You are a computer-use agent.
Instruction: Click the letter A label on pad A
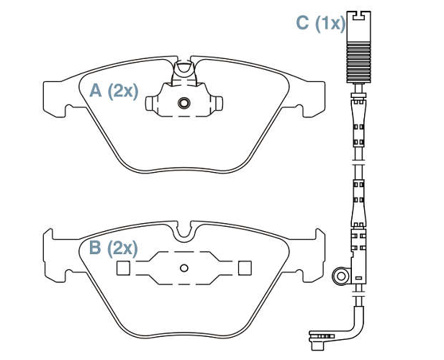[x=96, y=91]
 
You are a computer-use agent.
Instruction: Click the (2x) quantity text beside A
[x=123, y=91]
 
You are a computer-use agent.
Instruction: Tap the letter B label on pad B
[x=95, y=248]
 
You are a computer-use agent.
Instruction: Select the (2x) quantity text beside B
[x=123, y=248]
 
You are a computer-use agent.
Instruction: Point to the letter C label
[x=302, y=22]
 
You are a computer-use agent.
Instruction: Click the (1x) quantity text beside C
[x=330, y=23]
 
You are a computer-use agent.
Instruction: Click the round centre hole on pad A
[x=184, y=103]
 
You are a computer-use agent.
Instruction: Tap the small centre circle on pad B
[x=184, y=268]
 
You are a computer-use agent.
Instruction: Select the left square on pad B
[x=123, y=268]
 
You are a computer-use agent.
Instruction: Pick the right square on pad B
[x=245, y=268]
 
